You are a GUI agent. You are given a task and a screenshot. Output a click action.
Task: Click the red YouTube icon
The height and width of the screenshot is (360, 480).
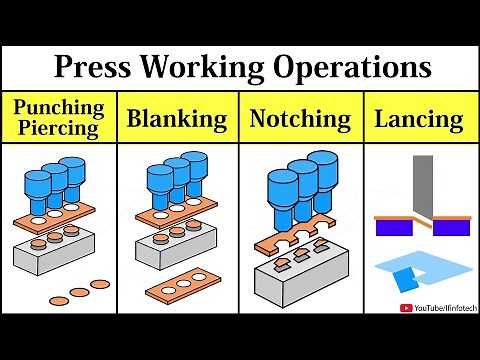click(405, 309)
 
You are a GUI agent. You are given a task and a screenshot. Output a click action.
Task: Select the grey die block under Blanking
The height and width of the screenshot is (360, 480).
click(180, 255)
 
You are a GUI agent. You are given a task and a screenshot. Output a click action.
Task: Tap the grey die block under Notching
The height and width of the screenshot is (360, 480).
click(300, 282)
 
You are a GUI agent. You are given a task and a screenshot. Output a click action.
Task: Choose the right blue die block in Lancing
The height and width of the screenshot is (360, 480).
click(451, 227)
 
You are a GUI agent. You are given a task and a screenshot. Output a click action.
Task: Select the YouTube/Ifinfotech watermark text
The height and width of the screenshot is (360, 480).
click(442, 309)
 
